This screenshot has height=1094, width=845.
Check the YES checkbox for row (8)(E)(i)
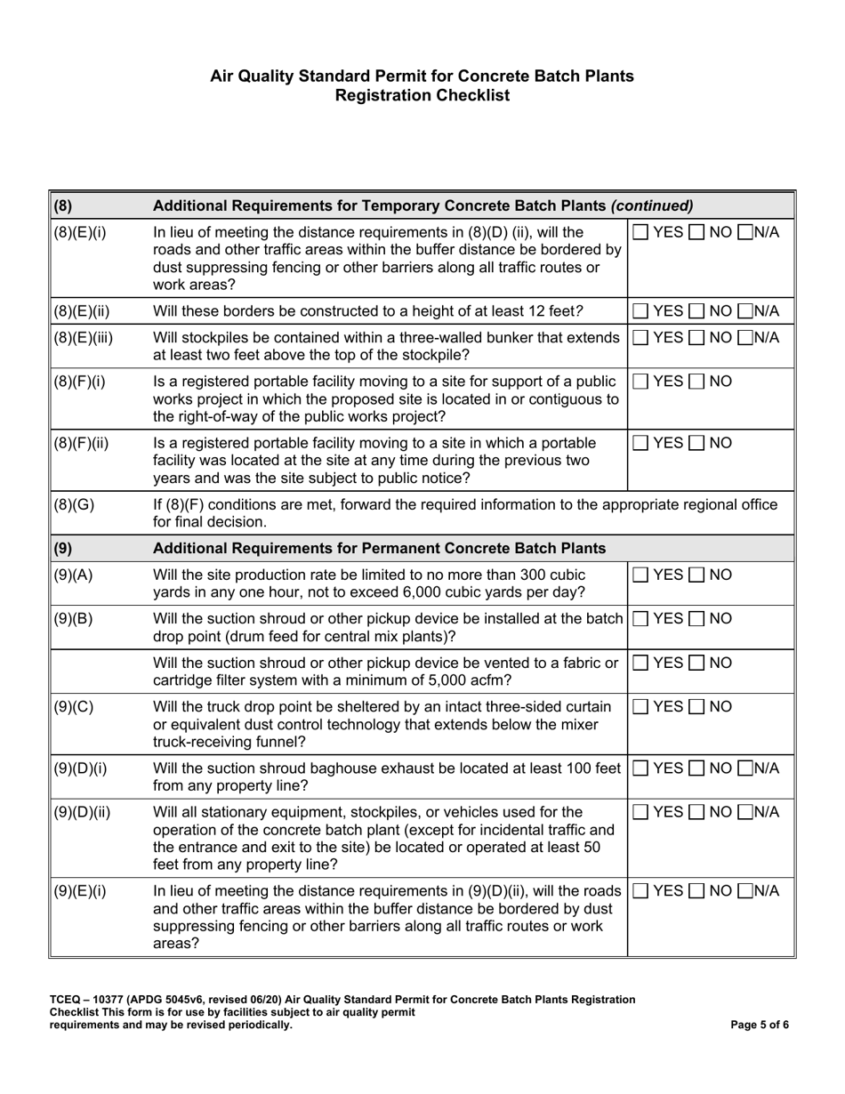click(640, 232)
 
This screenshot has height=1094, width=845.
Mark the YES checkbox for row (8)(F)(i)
click(640, 382)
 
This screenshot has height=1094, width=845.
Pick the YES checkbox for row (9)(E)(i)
click(640, 889)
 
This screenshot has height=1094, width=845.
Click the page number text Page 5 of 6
click(759, 1025)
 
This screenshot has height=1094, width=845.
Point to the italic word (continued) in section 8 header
click(652, 205)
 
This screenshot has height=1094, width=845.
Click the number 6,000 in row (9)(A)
click(406, 592)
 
